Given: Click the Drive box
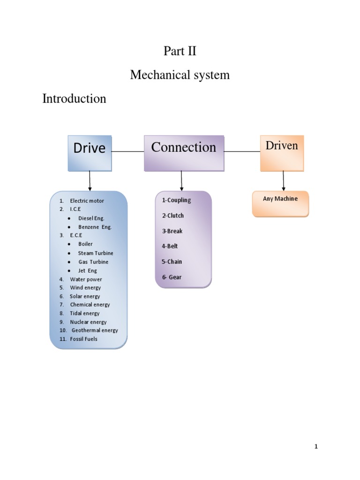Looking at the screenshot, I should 90,153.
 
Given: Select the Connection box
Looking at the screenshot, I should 184,152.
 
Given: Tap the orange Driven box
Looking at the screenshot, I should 282,153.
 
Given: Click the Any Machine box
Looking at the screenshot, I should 280,203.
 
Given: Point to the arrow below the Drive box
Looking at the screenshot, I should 90,180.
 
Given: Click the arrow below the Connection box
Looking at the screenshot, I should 181,180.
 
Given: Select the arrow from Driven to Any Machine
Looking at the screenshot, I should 283,181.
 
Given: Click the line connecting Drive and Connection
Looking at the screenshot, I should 127,151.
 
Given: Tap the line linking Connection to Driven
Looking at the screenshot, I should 242,151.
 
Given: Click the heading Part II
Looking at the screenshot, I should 180,51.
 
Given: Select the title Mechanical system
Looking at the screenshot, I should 180,75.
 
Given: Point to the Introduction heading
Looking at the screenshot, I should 74,98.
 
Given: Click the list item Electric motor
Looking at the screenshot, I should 87,201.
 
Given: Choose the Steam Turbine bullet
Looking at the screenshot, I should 95,253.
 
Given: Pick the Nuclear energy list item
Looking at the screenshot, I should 88,322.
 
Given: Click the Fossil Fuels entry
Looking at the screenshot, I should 83,339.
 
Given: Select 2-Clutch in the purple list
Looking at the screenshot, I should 173,216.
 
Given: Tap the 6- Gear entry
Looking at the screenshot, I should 172,277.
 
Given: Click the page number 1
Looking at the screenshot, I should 316,447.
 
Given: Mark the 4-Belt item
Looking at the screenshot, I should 170,246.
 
